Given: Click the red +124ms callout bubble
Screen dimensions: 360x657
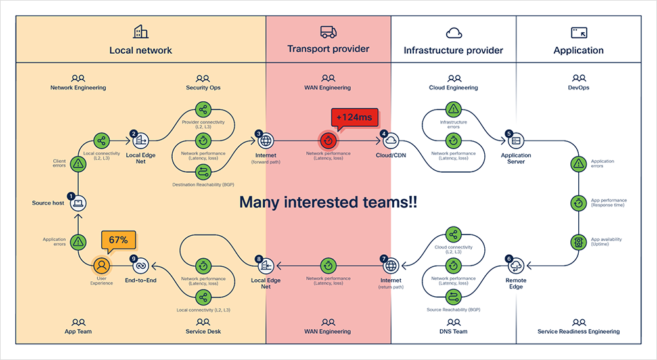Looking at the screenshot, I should coord(354,118).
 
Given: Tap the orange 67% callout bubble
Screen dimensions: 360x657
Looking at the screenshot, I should coord(118,239).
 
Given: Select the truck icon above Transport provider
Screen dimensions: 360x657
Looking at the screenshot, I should coord(328,32).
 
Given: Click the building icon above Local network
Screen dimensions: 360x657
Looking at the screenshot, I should coord(141,32).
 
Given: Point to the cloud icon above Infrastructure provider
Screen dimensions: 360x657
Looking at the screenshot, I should coord(453,32).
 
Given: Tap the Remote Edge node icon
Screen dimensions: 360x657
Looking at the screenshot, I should coord(516,265).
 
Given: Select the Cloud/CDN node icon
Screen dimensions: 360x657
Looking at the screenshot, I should coord(391,141).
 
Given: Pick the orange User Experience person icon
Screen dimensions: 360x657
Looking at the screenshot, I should coord(101,265).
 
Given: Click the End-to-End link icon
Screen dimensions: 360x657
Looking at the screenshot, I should coord(141,265).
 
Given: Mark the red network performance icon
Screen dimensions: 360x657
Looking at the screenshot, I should coord(328,141).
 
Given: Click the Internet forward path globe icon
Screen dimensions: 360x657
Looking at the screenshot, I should coord(266,141).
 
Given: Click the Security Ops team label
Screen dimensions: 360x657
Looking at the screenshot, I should coord(203,87).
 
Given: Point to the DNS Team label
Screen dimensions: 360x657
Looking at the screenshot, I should coord(453,331).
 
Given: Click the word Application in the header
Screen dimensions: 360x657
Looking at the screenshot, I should coord(579,50).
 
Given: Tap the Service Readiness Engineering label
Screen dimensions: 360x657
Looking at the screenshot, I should coord(578,331).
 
